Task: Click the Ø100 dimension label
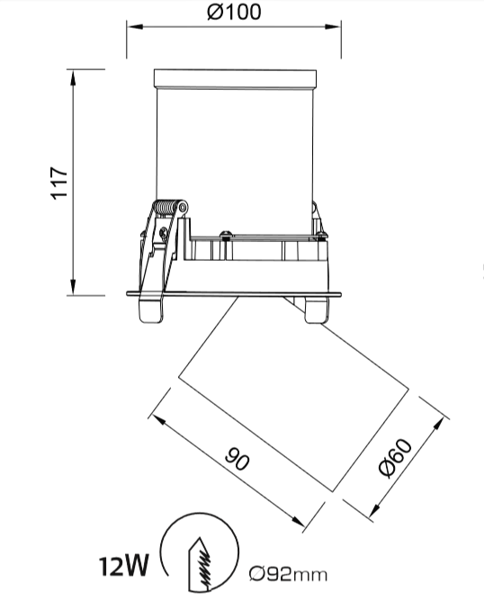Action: pos(235,12)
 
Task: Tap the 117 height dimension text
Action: pos(59,183)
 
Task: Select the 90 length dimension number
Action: pos(238,458)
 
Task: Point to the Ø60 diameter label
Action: pos(396,458)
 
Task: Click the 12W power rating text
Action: pos(124,567)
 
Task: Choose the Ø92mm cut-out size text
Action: pos(288,574)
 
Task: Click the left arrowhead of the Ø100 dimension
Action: pos(135,26)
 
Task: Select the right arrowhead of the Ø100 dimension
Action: pos(333,26)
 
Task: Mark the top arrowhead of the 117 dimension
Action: pos(73,77)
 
